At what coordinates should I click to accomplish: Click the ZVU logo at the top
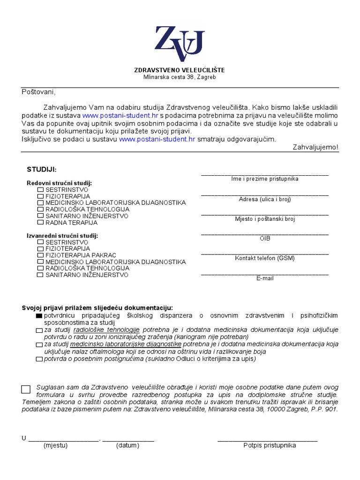[180, 43]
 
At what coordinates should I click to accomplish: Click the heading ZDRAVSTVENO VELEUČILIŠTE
[180, 70]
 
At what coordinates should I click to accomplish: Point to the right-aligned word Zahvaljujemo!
[315, 147]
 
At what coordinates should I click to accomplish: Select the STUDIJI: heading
[42, 169]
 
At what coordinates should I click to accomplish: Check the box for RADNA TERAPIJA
[40, 223]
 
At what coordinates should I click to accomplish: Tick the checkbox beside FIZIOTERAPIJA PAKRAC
[40, 255]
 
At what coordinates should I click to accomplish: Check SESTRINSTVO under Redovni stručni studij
[40, 190]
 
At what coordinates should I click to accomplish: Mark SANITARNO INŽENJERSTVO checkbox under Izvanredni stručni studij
[40, 275]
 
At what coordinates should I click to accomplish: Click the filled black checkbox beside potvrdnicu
[38, 316]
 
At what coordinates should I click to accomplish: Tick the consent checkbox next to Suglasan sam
[26, 389]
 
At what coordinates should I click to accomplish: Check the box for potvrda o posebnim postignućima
[38, 360]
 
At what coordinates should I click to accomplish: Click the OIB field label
[265, 239]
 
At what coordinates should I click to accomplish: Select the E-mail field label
[265, 278]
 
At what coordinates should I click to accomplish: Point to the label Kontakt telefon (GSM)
[265, 258]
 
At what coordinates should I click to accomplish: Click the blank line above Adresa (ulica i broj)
[265, 194]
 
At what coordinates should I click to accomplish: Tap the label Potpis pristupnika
[270, 445]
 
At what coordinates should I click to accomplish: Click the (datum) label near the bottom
[127, 445]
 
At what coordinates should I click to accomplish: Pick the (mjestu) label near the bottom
[55, 445]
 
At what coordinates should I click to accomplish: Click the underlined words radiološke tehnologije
[106, 330]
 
